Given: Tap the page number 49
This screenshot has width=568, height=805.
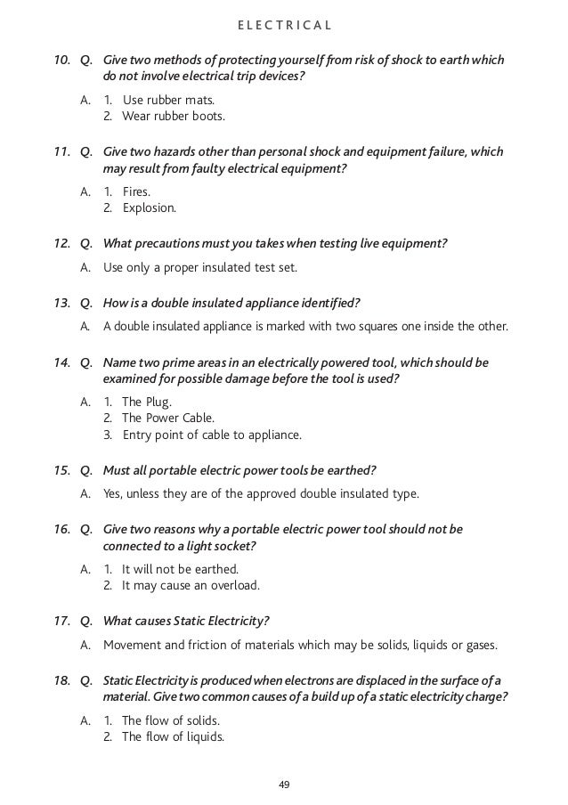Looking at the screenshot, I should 284,785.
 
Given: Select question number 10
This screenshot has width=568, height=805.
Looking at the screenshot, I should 62,61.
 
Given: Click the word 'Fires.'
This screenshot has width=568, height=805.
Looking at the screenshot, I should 140,191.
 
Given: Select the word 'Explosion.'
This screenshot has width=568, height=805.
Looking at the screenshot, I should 150,208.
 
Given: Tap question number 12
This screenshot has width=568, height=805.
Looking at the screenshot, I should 62,242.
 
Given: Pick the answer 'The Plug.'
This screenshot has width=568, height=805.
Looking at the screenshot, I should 147,402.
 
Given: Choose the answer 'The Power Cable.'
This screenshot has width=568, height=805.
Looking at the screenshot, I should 167,418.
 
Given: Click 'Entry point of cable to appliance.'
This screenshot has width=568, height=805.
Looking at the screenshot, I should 212,435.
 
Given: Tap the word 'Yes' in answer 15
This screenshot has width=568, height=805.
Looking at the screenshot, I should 114,492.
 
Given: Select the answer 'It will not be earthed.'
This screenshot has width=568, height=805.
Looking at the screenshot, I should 180,568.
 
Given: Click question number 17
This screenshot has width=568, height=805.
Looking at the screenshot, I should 62,621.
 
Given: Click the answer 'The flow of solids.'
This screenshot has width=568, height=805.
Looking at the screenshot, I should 171,720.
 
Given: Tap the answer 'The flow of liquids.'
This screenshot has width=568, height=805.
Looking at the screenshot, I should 173,736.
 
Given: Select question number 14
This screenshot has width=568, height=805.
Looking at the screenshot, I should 62,362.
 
